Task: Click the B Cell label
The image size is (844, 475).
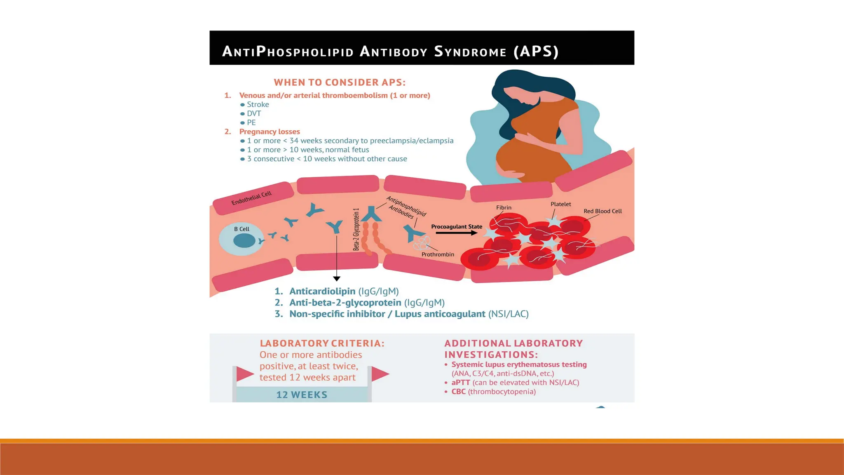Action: pyautogui.click(x=241, y=229)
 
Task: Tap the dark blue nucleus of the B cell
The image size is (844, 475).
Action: pyautogui.click(x=244, y=240)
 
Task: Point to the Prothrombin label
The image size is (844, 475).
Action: pyautogui.click(x=438, y=254)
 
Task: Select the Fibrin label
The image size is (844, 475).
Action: pyautogui.click(x=504, y=208)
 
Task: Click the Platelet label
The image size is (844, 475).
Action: pyautogui.click(x=560, y=204)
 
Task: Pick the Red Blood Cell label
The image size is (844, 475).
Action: pyautogui.click(x=603, y=211)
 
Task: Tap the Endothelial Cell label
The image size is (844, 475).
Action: pyautogui.click(x=251, y=198)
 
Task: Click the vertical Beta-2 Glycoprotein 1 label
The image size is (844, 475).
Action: pyautogui.click(x=356, y=229)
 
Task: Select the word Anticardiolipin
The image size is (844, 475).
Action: pyautogui.click(x=322, y=292)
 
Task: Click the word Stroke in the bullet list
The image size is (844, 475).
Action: pyautogui.click(x=258, y=105)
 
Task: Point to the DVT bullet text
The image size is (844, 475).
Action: pyautogui.click(x=254, y=114)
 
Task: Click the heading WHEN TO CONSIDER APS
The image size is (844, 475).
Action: pyautogui.click(x=340, y=82)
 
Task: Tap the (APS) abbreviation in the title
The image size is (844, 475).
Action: pyautogui.click(x=536, y=52)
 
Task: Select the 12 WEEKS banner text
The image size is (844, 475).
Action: pyautogui.click(x=302, y=395)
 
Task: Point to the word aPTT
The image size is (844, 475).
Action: pyautogui.click(x=460, y=383)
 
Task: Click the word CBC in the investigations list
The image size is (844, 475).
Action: pyautogui.click(x=458, y=392)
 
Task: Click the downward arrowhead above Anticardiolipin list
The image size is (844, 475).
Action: pyautogui.click(x=337, y=279)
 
